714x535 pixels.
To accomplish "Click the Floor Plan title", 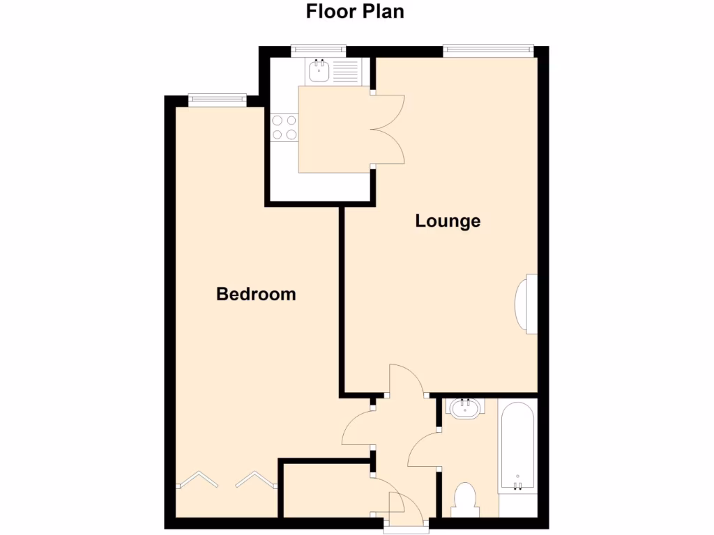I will pos(355,12).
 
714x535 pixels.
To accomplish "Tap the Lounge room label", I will pos(448,222).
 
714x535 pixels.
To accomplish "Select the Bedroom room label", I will pos(256,294).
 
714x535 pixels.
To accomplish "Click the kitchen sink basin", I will pos(320,70).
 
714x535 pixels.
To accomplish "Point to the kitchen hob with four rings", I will pos(284,127).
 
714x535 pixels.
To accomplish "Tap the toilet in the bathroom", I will pos(464,501).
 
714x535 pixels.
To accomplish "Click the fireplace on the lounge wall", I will pos(526,304).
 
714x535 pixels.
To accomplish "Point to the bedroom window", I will pos(217,99).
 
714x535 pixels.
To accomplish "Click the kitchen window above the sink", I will pos(318,49).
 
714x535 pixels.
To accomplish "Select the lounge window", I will pos(488,49).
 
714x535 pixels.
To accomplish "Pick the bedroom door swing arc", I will pos(357,428).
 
